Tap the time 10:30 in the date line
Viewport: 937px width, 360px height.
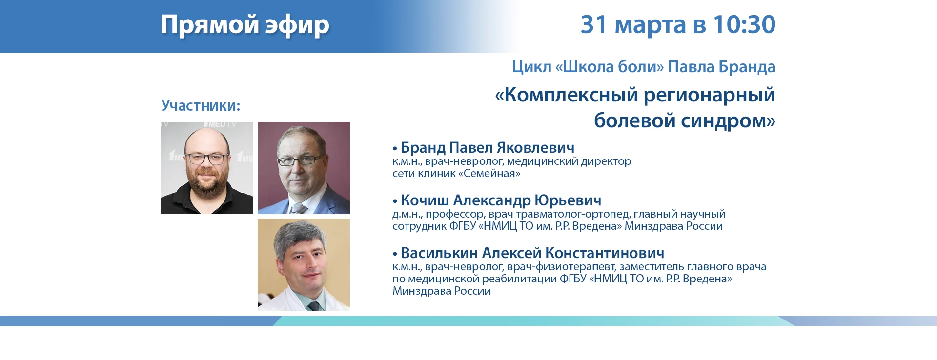tap(744, 24)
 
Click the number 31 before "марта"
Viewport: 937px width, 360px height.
tap(594, 24)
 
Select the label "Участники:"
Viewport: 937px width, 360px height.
tap(201, 105)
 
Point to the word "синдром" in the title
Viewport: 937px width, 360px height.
tap(724, 120)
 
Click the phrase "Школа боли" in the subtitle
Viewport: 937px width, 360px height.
tap(613, 66)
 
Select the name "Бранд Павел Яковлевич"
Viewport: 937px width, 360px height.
tap(488, 147)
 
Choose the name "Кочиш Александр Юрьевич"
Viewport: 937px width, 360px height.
tap(501, 200)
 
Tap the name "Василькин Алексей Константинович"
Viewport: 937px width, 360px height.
tap(532, 253)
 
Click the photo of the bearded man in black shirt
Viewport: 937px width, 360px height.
tap(207, 168)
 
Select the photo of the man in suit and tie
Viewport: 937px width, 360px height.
tap(304, 168)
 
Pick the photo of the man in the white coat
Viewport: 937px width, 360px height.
tap(304, 264)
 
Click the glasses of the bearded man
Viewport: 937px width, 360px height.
tap(207, 158)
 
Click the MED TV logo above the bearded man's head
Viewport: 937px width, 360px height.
tap(220, 125)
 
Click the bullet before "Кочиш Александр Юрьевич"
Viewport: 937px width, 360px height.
tap(395, 201)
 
